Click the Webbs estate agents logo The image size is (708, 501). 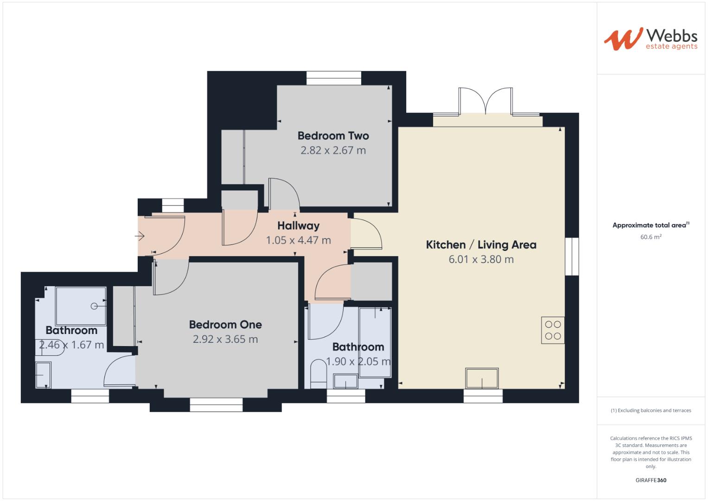point(650,39)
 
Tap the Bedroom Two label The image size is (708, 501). point(333,136)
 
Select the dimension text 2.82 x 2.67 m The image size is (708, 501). point(333,150)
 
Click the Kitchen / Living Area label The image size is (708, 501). point(481,245)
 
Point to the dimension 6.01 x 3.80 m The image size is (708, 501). point(481,259)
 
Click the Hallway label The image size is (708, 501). point(298,226)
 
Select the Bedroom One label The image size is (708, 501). point(225,325)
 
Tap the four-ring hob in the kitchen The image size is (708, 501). point(553,330)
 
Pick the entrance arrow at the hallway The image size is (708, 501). point(140,237)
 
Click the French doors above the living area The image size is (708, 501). point(485,102)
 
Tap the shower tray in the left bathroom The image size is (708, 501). point(81,306)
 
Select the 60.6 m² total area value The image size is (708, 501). point(651,237)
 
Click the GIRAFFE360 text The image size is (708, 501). point(651,480)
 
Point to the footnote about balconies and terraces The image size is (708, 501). point(651,411)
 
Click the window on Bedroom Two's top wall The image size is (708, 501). point(333,78)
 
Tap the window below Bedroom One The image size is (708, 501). point(216,405)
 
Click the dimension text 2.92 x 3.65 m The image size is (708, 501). point(225,339)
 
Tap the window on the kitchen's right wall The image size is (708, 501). point(572,257)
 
